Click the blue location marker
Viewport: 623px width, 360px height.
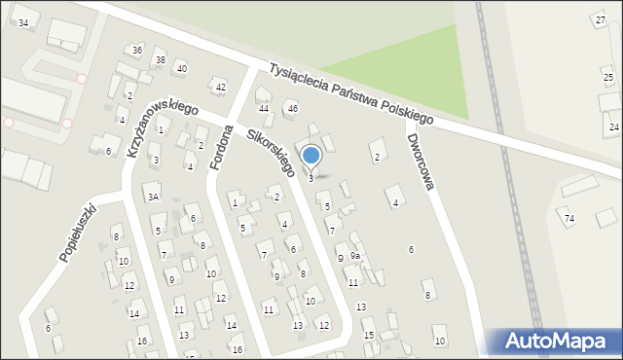(x=311, y=155)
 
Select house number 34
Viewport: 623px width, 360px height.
(x=23, y=22)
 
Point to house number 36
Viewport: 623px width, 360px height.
(x=137, y=50)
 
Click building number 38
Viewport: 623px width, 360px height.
(x=160, y=60)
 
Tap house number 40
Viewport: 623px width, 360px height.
(x=181, y=68)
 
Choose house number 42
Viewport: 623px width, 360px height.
(x=221, y=88)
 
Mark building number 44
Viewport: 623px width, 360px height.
(x=264, y=108)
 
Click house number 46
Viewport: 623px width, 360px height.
(x=292, y=108)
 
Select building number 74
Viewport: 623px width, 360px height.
(x=569, y=218)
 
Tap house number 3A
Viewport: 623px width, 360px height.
(x=153, y=197)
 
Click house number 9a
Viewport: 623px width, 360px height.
(x=356, y=256)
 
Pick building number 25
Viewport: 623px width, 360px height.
(x=607, y=78)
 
